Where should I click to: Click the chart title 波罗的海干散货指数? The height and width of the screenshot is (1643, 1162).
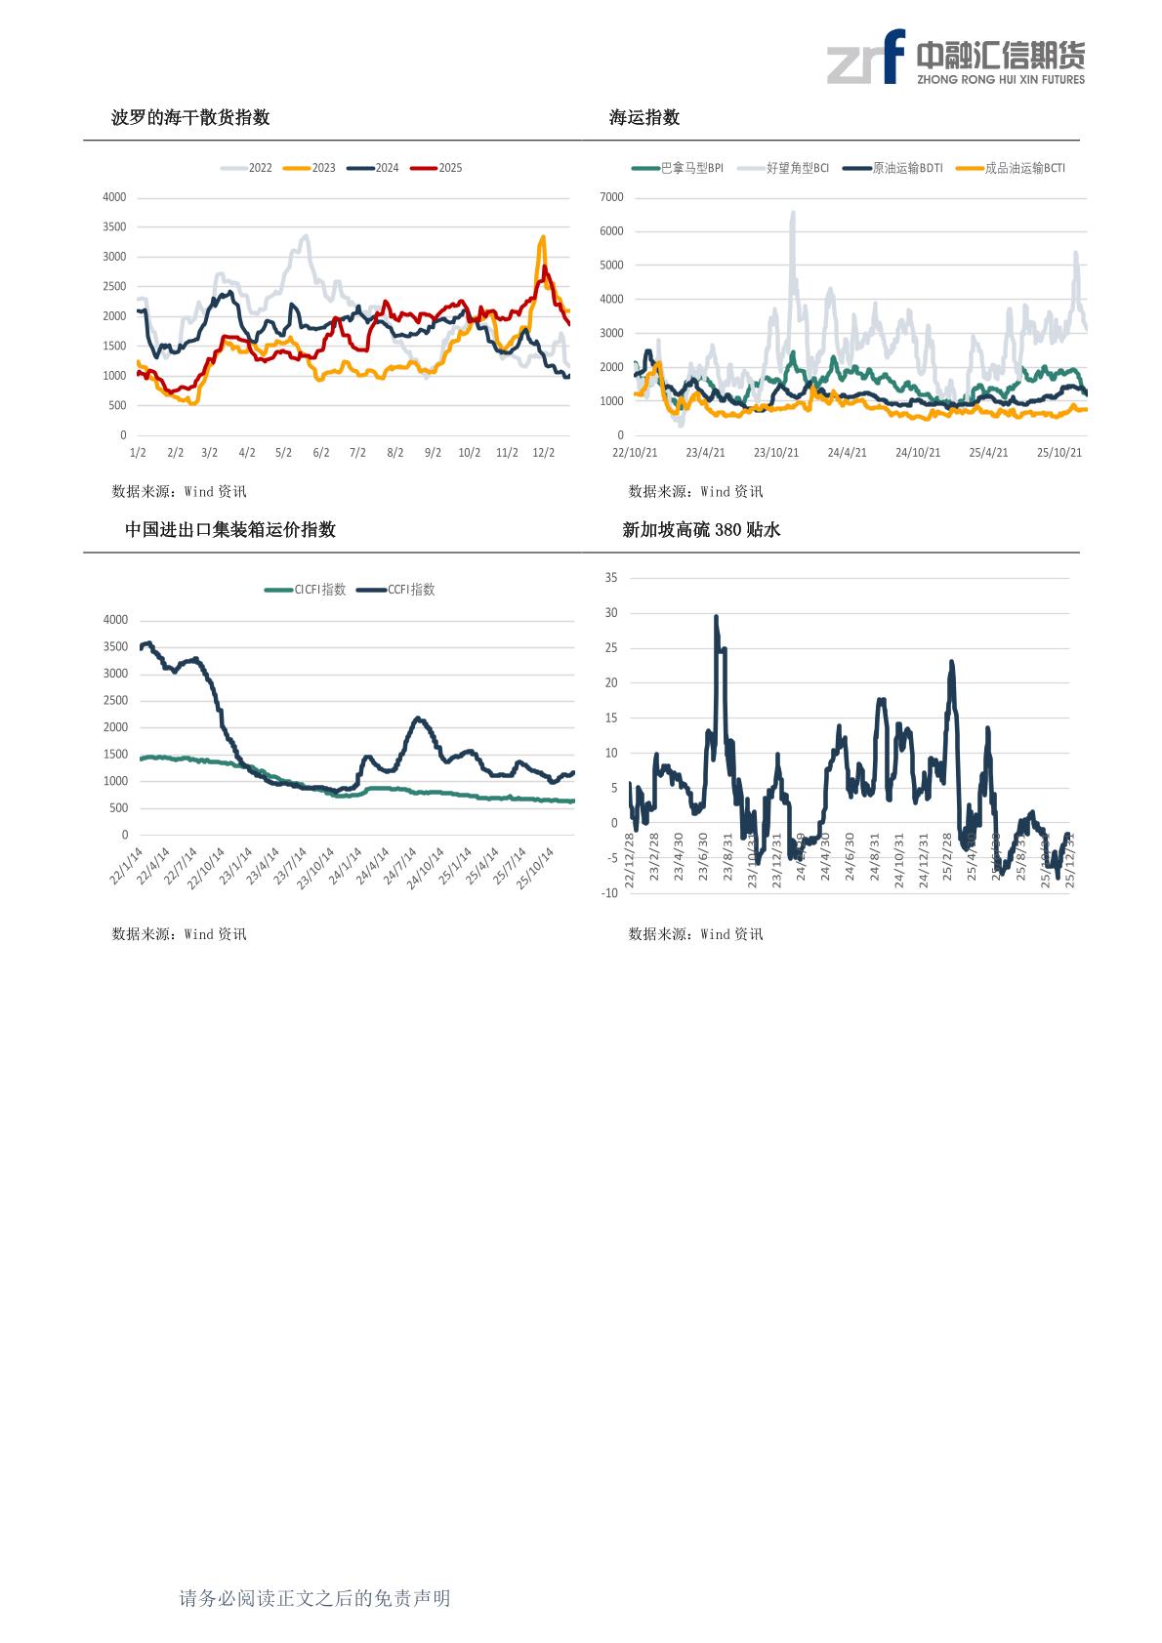pos(190,118)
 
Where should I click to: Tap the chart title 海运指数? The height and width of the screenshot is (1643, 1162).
pos(644,118)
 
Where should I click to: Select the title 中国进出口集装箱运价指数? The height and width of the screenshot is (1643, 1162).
pos(230,530)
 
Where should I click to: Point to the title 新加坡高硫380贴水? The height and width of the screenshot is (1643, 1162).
pos(702,530)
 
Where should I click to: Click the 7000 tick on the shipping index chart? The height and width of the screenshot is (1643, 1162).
pos(611,197)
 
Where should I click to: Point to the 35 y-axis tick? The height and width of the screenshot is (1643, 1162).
pos(611,578)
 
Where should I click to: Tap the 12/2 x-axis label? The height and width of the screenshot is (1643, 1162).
pos(543,453)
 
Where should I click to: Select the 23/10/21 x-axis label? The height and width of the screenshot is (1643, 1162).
pos(776,453)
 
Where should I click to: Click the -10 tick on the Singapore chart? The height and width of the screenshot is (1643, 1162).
pos(609,892)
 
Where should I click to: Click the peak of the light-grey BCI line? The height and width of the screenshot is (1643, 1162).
pos(792,213)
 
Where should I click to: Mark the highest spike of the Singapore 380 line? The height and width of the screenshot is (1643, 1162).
pos(716,617)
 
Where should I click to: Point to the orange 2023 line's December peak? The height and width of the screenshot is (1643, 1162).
pos(543,236)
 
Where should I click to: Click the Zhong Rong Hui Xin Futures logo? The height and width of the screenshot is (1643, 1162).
pos(955,58)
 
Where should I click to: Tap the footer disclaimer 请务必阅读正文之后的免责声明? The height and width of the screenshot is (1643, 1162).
pos(314,1598)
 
